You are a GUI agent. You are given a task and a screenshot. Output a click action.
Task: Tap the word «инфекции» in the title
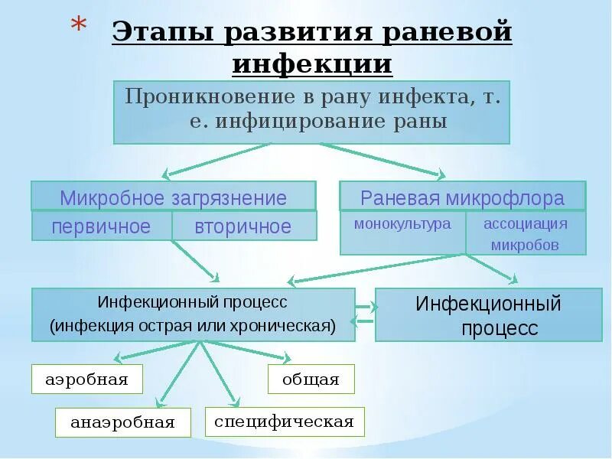(x=312, y=63)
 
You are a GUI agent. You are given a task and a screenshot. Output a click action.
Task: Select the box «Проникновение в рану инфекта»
(x=311, y=111)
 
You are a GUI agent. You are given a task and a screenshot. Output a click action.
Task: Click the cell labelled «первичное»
(x=101, y=226)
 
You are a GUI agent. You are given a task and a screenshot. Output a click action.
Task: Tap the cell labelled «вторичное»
(x=243, y=226)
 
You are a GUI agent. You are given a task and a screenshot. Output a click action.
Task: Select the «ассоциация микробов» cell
(x=526, y=233)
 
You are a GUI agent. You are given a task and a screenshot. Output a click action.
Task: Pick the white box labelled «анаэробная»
(x=122, y=422)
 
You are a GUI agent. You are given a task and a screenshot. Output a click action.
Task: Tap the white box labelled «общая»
(x=311, y=379)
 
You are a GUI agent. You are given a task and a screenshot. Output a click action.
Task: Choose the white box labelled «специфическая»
(x=284, y=422)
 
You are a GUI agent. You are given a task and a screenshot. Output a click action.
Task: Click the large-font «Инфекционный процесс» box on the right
(x=488, y=315)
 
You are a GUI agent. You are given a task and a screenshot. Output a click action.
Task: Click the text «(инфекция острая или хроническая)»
(x=193, y=326)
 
